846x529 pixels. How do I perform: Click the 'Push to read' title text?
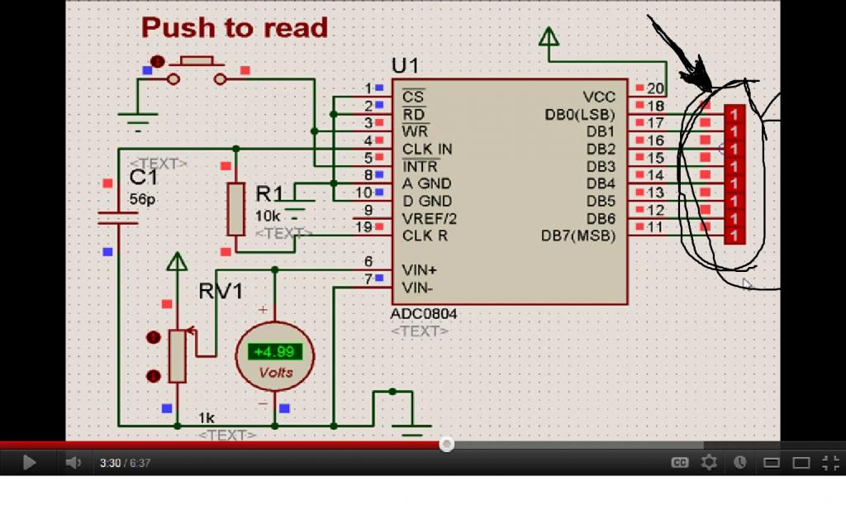(235, 28)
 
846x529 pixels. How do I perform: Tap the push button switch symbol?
(197, 70)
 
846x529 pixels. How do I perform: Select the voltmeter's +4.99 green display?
(274, 352)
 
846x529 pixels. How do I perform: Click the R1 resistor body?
(235, 209)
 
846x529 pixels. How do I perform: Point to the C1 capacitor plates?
(118, 218)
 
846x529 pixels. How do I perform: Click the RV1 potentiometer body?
(178, 356)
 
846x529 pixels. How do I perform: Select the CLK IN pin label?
(427, 149)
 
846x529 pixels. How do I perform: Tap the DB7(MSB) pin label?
(578, 236)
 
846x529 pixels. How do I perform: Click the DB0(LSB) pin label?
(580, 114)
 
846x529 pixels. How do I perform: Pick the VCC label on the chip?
(599, 98)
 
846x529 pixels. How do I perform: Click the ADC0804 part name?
(424, 313)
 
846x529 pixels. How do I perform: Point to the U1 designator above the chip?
(405, 66)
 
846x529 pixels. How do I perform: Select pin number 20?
(655, 88)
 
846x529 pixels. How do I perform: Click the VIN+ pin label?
(419, 270)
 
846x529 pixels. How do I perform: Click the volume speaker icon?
(73, 463)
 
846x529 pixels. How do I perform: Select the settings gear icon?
(709, 463)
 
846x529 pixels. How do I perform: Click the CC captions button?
(680, 463)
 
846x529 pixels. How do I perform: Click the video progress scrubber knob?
(446, 444)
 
